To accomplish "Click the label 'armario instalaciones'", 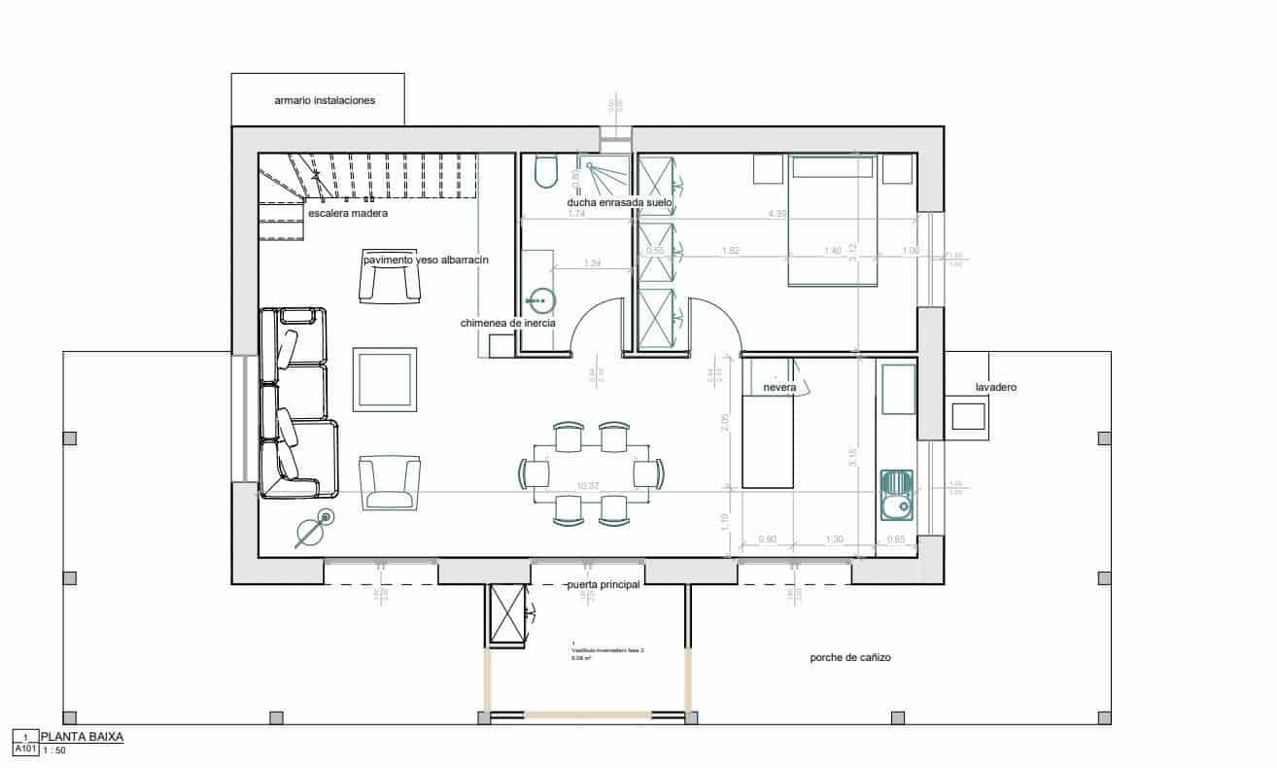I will [x=324, y=100].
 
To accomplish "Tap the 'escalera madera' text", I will [x=347, y=213].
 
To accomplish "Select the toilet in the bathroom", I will [x=545, y=173].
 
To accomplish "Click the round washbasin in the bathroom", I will [x=542, y=300].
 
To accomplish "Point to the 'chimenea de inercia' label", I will [x=507, y=323].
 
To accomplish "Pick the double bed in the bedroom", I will [x=833, y=221].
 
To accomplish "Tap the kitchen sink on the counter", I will [x=897, y=495].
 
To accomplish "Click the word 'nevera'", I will [x=779, y=388].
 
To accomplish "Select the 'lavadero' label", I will [x=996, y=387].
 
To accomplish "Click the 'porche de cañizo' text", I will [x=850, y=658].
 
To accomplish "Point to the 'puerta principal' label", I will [x=603, y=585].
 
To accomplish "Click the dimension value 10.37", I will [x=589, y=485].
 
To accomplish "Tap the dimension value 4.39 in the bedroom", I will [x=777, y=214].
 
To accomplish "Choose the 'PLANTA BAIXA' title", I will [x=82, y=737].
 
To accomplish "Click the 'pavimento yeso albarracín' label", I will [x=425, y=261].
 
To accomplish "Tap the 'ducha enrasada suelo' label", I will [x=619, y=202].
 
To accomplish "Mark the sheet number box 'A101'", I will [x=24, y=750].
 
